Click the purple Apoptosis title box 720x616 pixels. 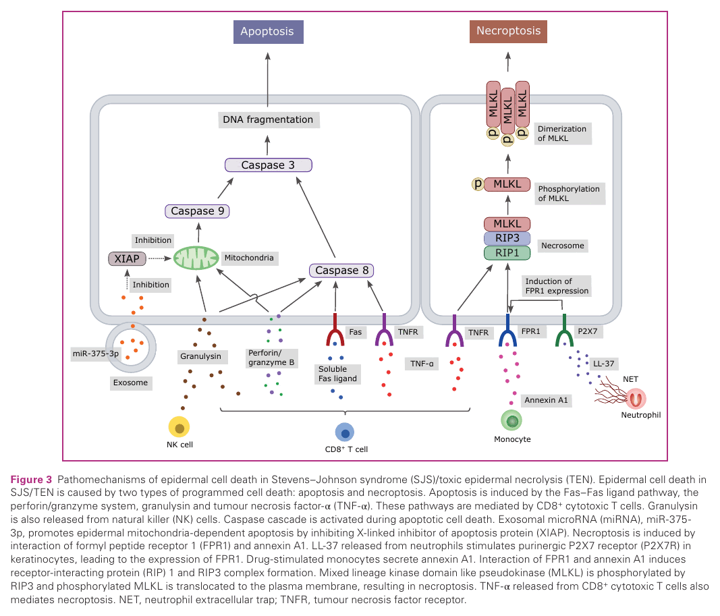click(x=268, y=32)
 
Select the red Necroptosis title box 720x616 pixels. click(x=508, y=31)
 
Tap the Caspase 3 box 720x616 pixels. click(x=268, y=165)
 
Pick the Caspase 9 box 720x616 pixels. click(x=197, y=211)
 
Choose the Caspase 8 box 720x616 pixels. click(x=341, y=271)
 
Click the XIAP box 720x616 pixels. click(x=127, y=259)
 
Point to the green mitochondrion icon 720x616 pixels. click(x=196, y=258)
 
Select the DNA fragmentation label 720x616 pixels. click(x=268, y=120)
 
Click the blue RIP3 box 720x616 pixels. click(x=507, y=238)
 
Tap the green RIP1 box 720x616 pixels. click(x=507, y=253)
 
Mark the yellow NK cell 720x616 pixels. click(x=179, y=427)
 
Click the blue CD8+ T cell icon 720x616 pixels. click(x=345, y=432)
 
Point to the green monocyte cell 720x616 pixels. click(x=511, y=420)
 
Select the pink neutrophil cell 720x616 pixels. click(x=636, y=399)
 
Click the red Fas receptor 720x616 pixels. click(x=335, y=331)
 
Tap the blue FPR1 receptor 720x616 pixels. click(x=507, y=331)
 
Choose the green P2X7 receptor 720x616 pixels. click(x=564, y=331)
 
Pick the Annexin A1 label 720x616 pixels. click(x=546, y=400)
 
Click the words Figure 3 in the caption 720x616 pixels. click(x=31, y=480)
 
